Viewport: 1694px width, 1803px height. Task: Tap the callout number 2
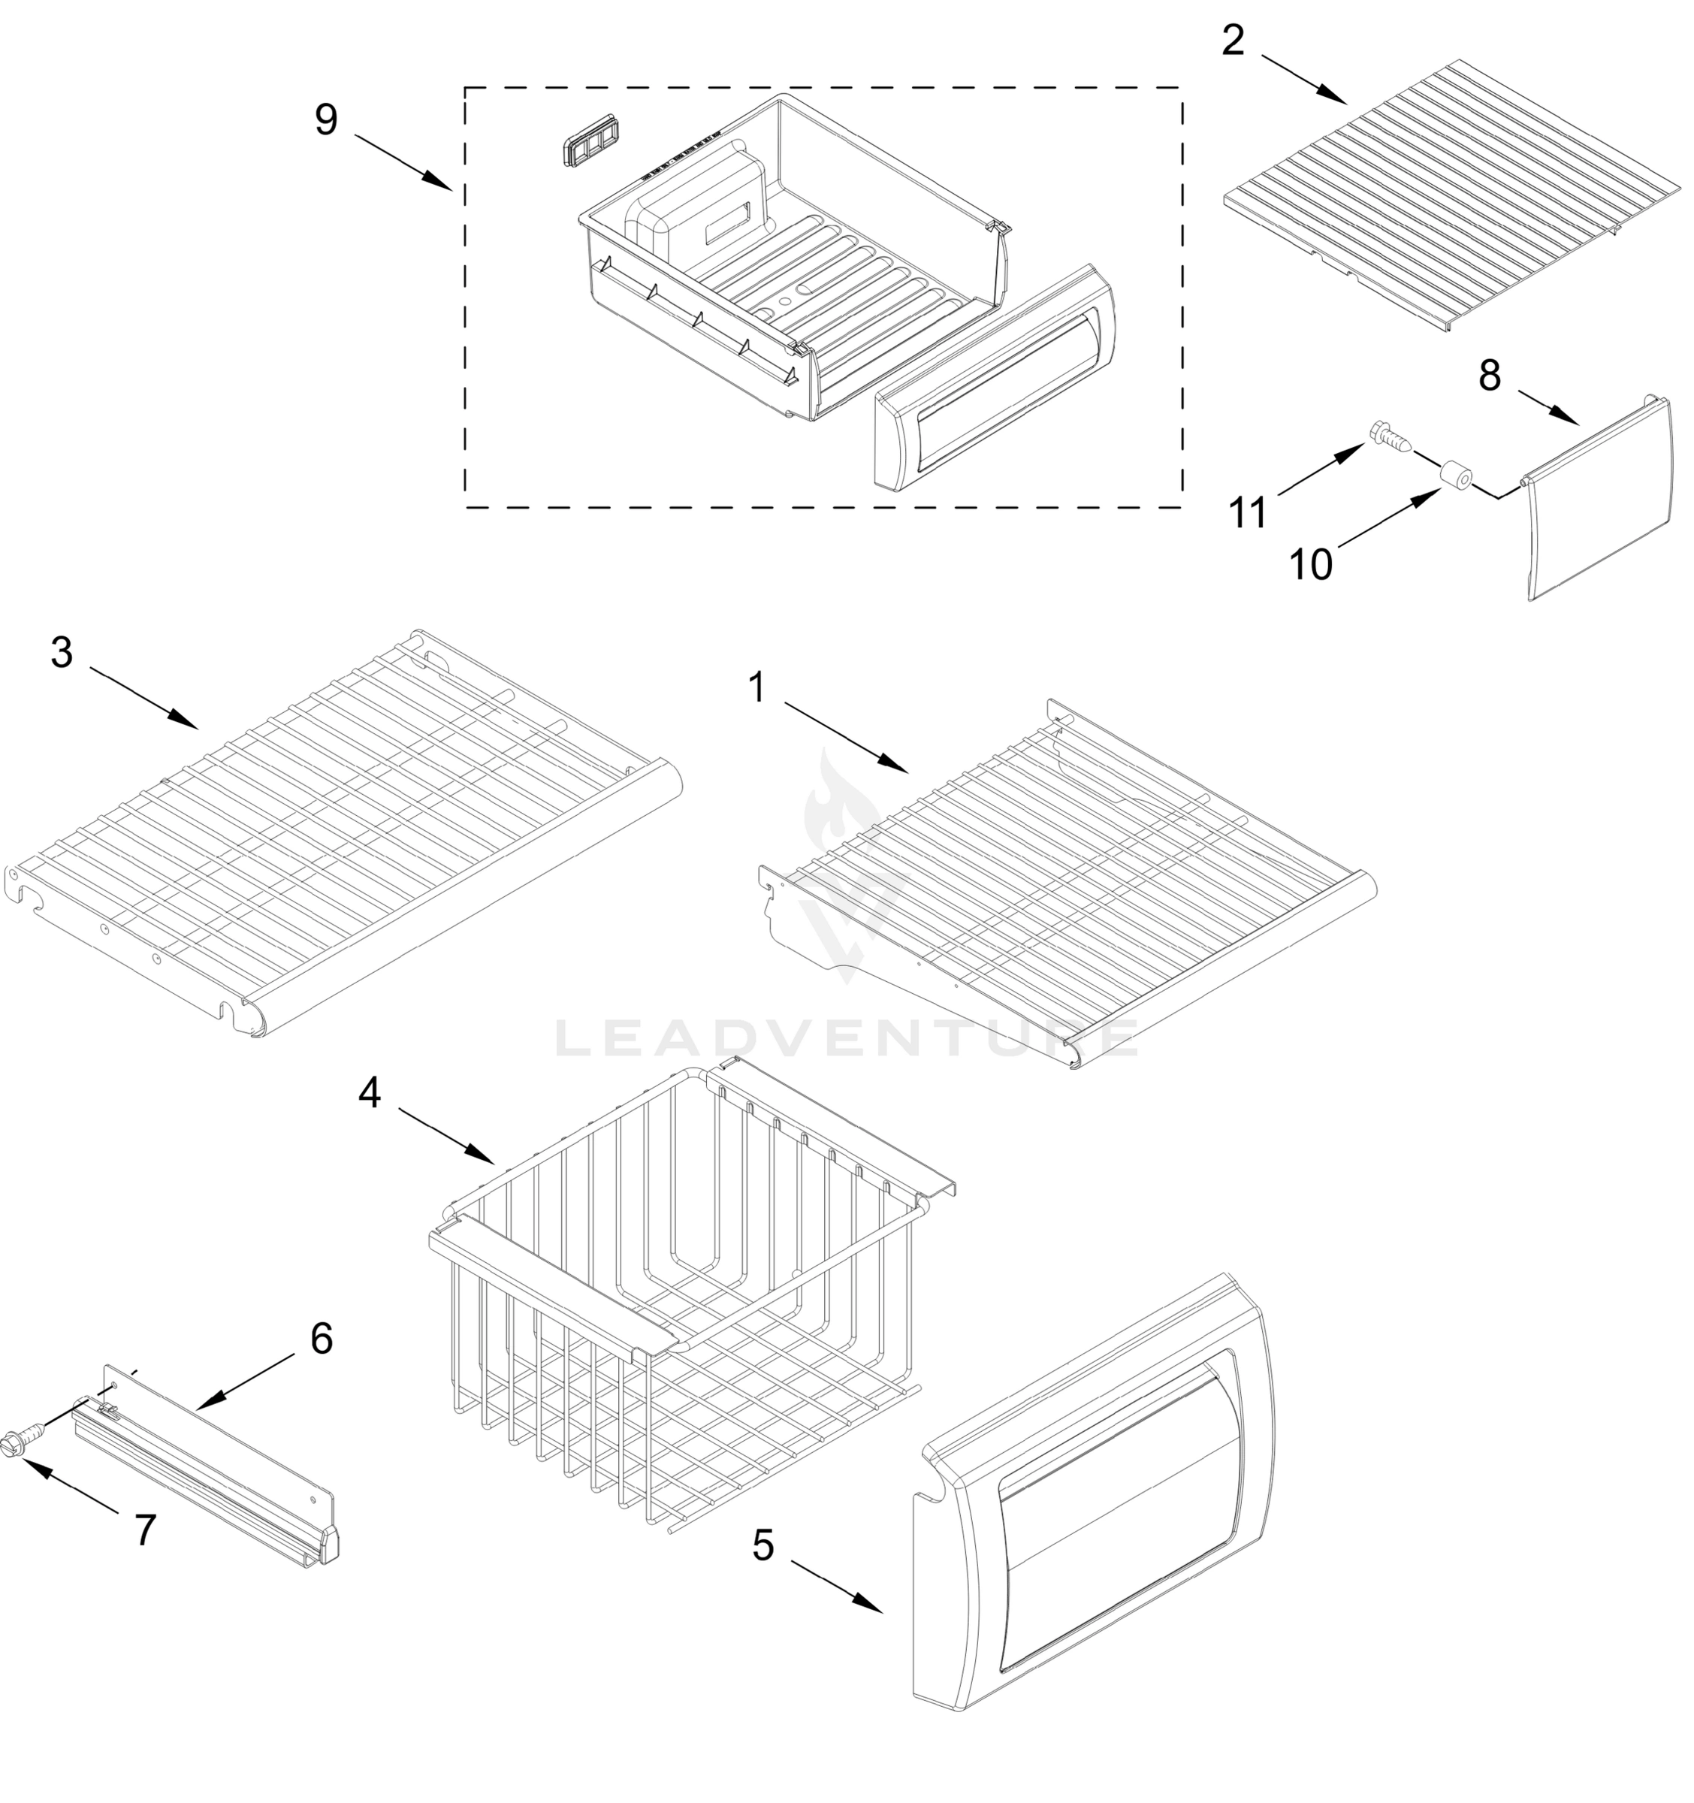coord(1233,41)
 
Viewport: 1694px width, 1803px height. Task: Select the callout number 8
coord(1489,376)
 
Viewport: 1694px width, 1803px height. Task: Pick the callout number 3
coord(62,652)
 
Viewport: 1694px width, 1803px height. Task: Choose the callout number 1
coord(756,688)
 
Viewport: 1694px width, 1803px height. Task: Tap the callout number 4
coord(369,1094)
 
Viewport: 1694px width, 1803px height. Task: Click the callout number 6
coord(321,1338)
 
